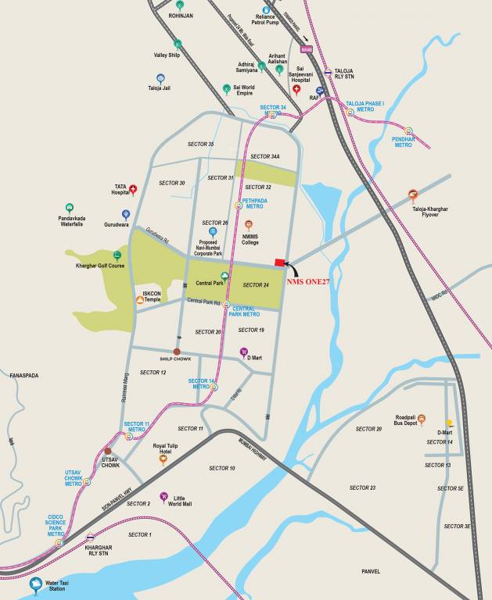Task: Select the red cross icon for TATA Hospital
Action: point(133,189)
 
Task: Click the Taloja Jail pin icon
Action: point(160,78)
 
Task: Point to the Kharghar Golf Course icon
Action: point(117,255)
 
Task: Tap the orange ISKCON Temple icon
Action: point(140,298)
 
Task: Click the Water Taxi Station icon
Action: point(34,583)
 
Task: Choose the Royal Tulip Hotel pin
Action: point(163,459)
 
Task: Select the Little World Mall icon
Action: point(163,496)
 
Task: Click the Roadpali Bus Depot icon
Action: point(422,419)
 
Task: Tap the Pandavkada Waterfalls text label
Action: point(69,220)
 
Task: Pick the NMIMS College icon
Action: point(249,224)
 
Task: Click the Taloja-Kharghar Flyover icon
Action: point(413,195)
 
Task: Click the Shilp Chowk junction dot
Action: point(178,352)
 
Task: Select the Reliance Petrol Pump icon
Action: point(266,10)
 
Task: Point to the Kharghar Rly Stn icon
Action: point(92,537)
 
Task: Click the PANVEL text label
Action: point(371,571)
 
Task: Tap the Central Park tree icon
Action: point(224,275)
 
